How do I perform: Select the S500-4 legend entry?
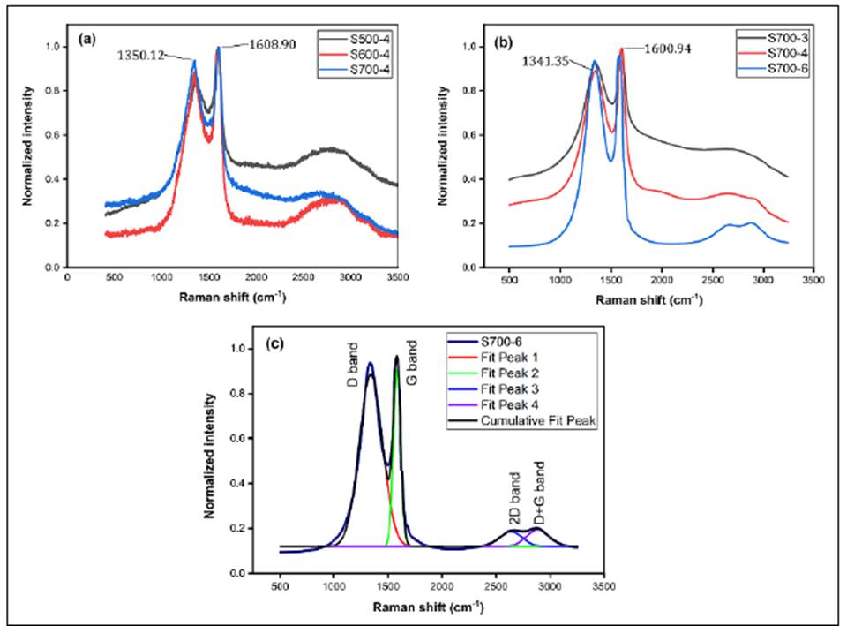coord(364,41)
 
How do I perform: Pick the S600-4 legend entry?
coord(364,55)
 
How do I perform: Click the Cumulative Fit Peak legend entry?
coord(542,421)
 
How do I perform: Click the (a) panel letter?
coord(86,40)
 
